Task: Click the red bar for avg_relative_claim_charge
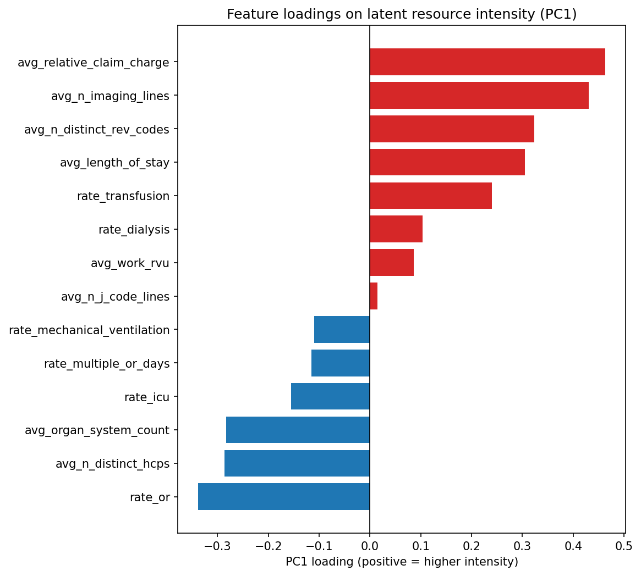tap(487, 62)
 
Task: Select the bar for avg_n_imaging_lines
tap(479, 96)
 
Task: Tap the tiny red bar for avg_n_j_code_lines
tap(374, 296)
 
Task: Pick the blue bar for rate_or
tap(283, 497)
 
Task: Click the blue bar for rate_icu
tap(330, 396)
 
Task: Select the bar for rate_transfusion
tap(430, 196)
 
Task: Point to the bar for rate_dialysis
tap(396, 229)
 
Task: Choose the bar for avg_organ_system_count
tap(298, 430)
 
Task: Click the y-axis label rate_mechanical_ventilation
tap(89, 330)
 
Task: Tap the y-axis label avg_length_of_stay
tap(114, 163)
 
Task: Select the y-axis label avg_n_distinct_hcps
tap(112, 464)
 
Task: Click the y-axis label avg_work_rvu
tap(130, 263)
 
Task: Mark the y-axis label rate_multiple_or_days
tap(107, 364)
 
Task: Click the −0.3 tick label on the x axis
tap(217, 546)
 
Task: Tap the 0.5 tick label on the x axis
tap(624, 546)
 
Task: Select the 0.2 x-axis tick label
tap(472, 546)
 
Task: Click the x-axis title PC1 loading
tap(402, 562)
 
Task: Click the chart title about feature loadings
tap(402, 14)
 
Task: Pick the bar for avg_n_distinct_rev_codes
tap(452, 129)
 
